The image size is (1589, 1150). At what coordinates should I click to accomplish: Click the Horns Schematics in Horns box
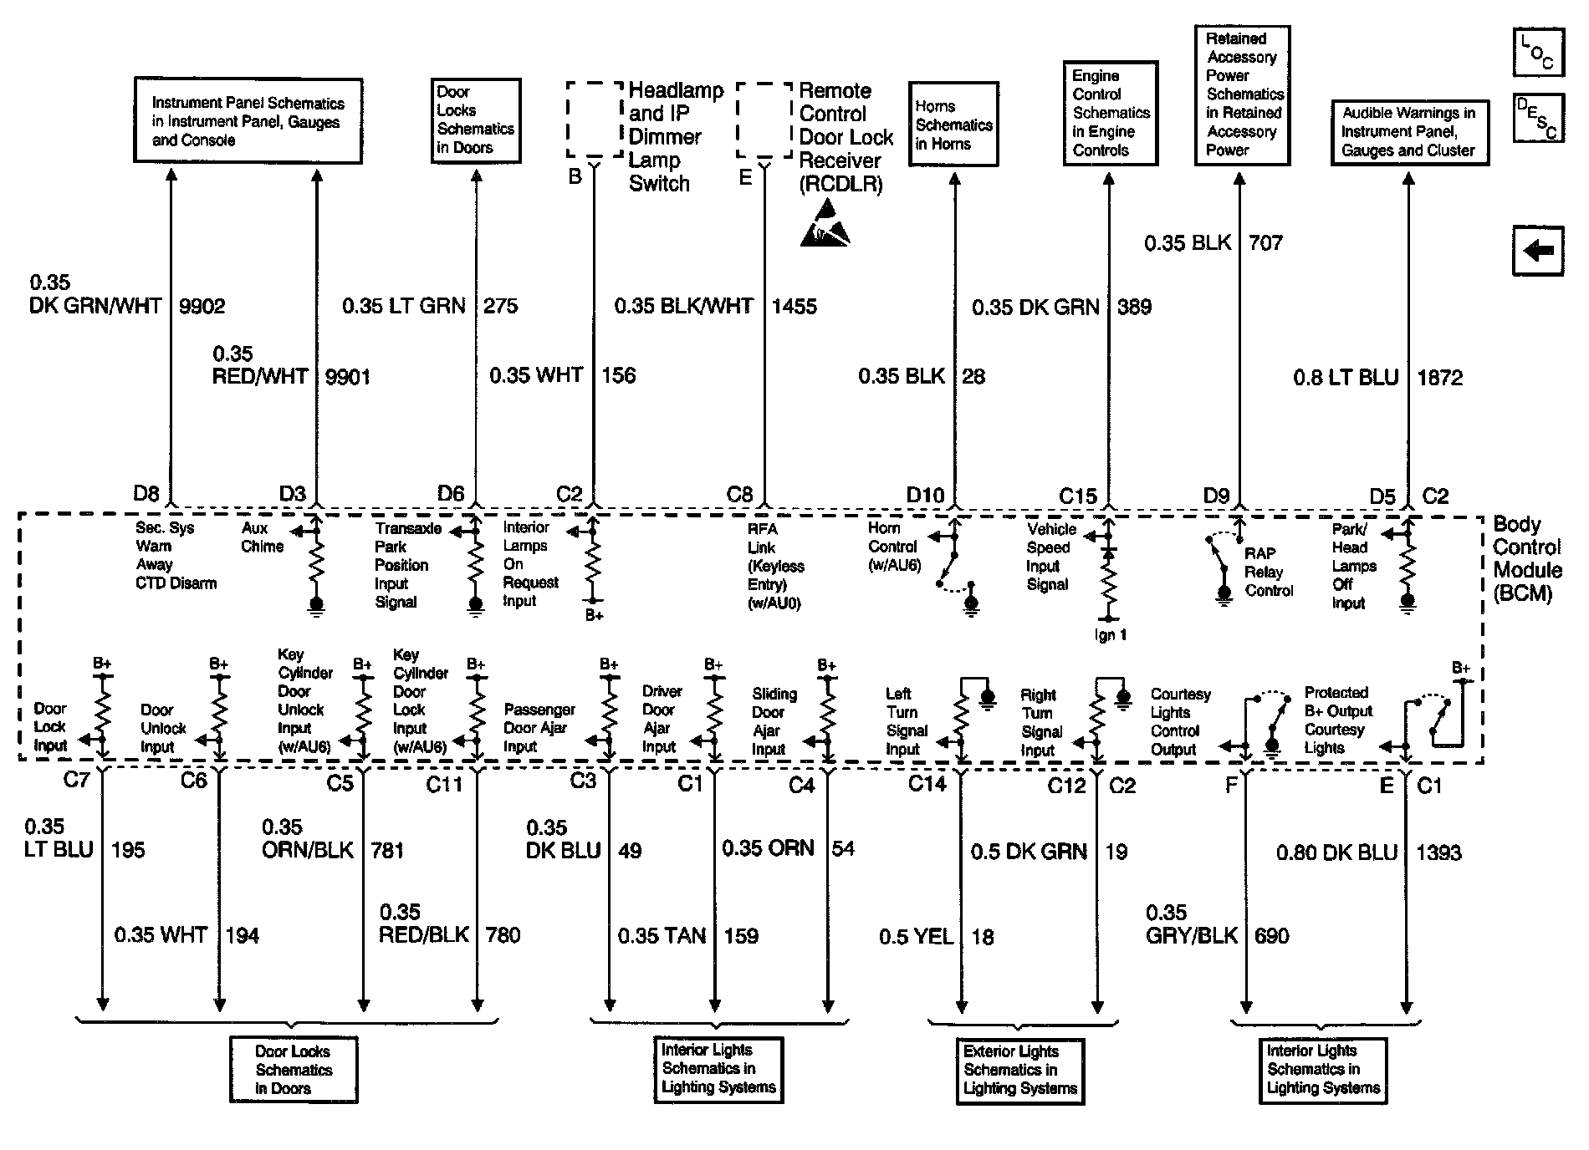tap(953, 124)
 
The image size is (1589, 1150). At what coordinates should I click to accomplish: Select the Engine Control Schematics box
tap(1110, 113)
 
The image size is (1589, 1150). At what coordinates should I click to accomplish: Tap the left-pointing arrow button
tap(1537, 250)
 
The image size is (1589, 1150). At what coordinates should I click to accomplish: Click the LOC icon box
tap(1537, 52)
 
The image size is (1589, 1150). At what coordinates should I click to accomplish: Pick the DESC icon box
tap(1537, 119)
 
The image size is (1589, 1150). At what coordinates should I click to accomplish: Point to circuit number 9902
tap(202, 306)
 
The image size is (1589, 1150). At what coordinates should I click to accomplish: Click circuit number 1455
tap(794, 306)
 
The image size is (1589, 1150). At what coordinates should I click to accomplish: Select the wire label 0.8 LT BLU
tap(1346, 378)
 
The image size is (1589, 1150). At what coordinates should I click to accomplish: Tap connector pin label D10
tap(925, 496)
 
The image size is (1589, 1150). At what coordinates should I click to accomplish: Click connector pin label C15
tap(1077, 496)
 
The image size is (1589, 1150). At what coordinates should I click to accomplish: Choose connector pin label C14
tap(927, 784)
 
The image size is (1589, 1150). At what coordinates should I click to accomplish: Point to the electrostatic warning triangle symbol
tap(824, 224)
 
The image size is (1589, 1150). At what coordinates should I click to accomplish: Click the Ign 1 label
tap(1111, 635)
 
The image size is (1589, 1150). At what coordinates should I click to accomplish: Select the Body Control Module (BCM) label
tap(1527, 558)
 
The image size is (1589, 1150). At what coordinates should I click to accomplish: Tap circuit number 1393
tap(1438, 852)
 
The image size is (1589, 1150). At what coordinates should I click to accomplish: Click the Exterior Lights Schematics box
tap(1020, 1070)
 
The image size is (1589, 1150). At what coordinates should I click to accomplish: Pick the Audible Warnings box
tap(1409, 132)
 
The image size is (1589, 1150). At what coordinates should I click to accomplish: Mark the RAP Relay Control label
tap(1268, 572)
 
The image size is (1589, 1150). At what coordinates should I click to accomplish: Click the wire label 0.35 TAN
tap(662, 935)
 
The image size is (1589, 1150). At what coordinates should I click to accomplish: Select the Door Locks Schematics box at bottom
tap(294, 1070)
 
